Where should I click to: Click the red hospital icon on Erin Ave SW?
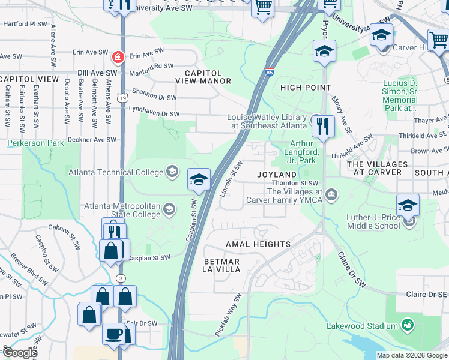118,57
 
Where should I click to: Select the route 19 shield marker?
122,97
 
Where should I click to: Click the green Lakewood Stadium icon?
408,325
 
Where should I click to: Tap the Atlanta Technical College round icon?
173,172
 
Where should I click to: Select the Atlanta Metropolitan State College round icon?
169,209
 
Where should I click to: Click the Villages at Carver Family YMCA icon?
331,194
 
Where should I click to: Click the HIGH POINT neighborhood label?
306,88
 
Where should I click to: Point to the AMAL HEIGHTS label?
258,244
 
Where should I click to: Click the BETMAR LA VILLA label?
222,266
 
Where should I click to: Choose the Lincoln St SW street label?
231,176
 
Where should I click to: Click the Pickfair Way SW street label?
229,315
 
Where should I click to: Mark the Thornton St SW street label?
295,182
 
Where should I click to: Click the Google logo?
20,353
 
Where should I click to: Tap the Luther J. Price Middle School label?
373,221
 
